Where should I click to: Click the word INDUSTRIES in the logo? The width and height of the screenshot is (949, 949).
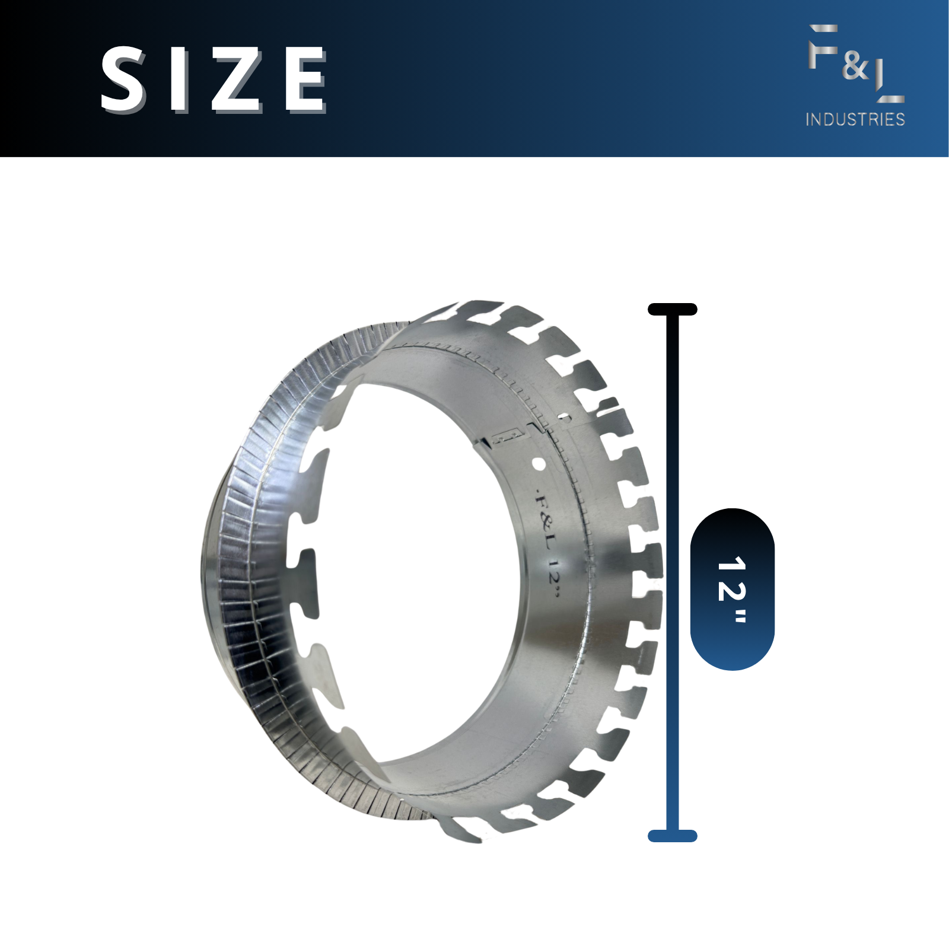pos(855,119)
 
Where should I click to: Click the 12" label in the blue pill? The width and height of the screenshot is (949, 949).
pos(733,590)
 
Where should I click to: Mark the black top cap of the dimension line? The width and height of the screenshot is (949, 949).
pos(673,309)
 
